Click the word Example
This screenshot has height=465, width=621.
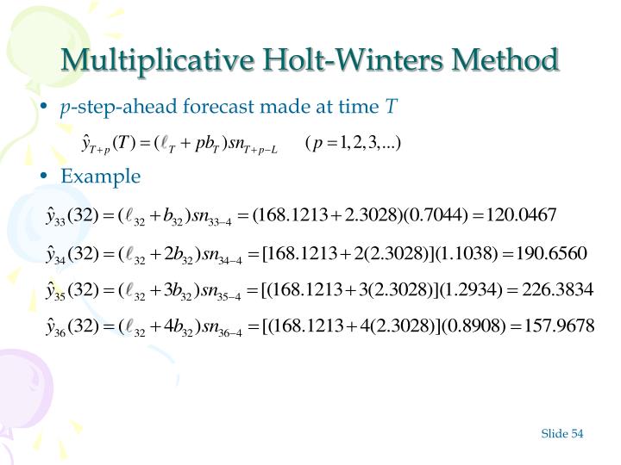[100, 177]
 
